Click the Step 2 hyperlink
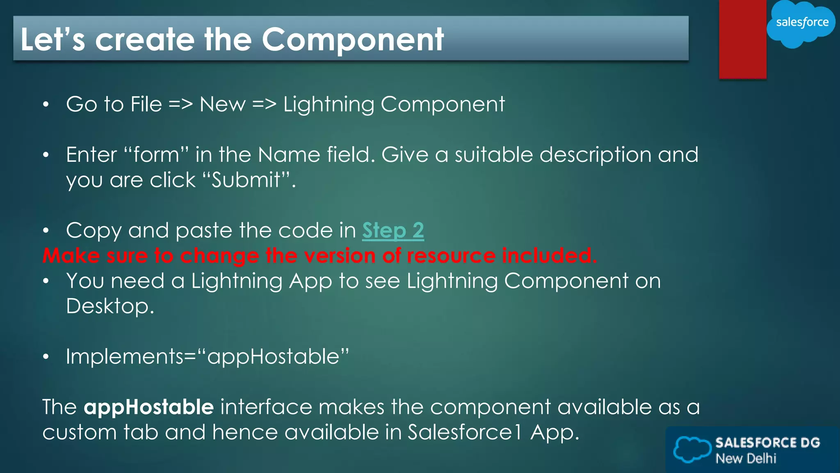click(393, 231)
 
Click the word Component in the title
click(353, 40)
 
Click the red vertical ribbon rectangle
click(742, 39)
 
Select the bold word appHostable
click(148, 407)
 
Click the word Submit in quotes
click(246, 180)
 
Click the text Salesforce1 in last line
click(465, 432)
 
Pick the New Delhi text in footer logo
click(746, 458)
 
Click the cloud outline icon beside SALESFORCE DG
click(692, 450)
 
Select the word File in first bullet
click(146, 104)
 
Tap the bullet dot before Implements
click(46, 357)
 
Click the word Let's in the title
click(52, 40)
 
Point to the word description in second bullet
click(595, 155)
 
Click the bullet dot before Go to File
click(46, 105)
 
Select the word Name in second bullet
click(289, 155)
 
